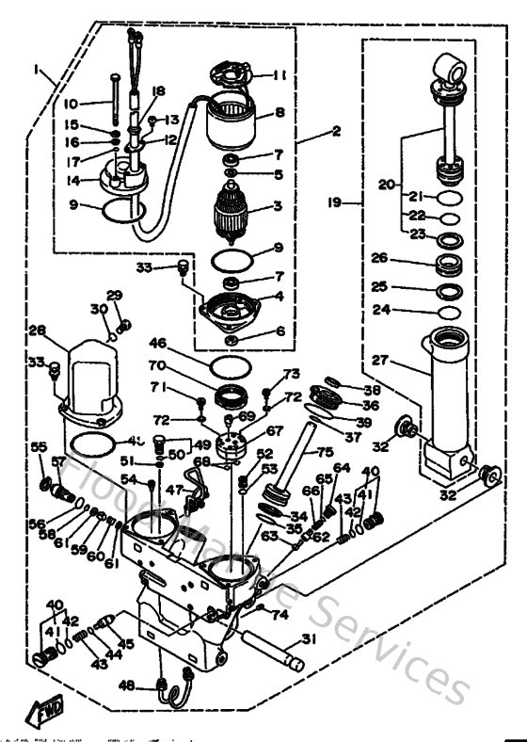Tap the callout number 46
tap(158, 345)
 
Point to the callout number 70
tap(157, 367)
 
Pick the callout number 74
tap(279, 615)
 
